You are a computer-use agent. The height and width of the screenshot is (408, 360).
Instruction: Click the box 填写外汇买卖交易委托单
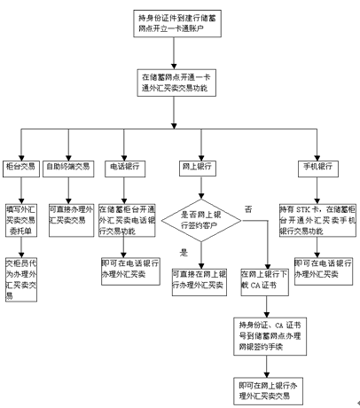21,214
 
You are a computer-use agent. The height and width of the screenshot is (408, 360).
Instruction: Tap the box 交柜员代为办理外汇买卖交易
21,280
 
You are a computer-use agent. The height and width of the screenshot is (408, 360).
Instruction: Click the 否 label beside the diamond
248,208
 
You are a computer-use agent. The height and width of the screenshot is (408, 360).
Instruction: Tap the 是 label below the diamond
184,252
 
